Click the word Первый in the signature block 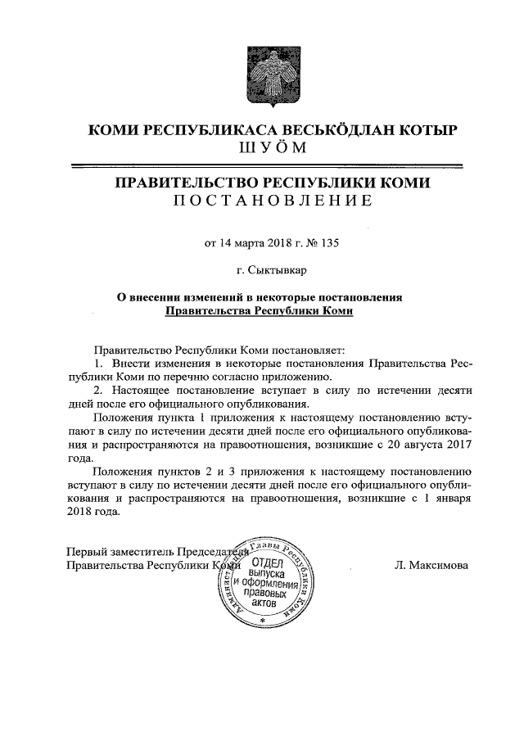[x=85, y=550]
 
